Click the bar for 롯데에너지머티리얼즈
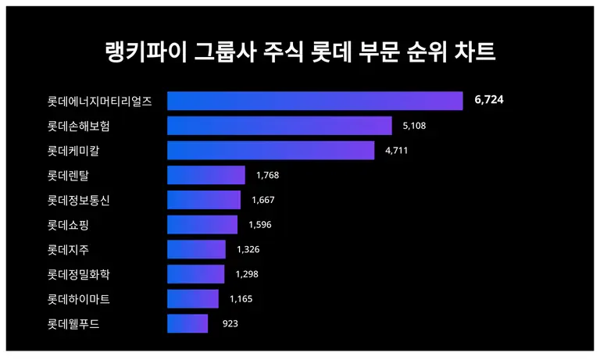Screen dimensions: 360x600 pyautogui.click(x=315, y=102)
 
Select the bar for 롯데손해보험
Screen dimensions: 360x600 pyautogui.click(x=279, y=126)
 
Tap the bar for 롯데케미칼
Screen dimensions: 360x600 pyautogui.click(x=270, y=151)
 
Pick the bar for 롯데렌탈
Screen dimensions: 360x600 pyautogui.click(x=205, y=175)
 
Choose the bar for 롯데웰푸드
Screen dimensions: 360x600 pyautogui.click(x=187, y=323)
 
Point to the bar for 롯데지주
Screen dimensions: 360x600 pyautogui.click(x=196, y=249)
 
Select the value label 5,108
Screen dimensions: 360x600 pyautogui.click(x=414, y=126)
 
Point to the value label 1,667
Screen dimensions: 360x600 pyautogui.click(x=263, y=200)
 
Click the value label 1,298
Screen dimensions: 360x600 pyautogui.click(x=246, y=274)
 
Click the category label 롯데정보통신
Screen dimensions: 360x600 pyautogui.click(x=79, y=200)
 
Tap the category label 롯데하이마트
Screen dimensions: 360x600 pyautogui.click(x=79, y=299)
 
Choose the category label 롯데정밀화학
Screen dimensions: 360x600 pyautogui.click(x=79, y=274)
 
